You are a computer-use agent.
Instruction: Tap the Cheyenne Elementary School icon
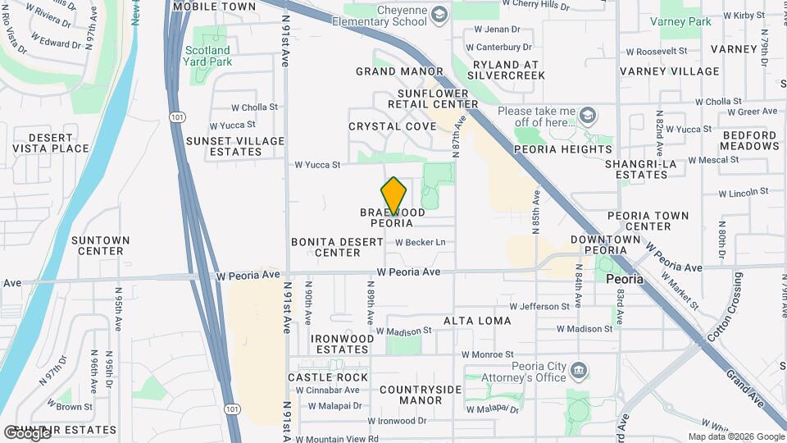pyautogui.click(x=439, y=14)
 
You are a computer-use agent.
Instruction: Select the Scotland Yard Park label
pyautogui.click(x=207, y=56)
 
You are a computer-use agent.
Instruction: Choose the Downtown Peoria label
pyautogui.click(x=606, y=244)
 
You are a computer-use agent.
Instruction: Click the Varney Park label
pyautogui.click(x=680, y=21)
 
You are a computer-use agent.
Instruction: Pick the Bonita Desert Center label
pyautogui.click(x=337, y=247)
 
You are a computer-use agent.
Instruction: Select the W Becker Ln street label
pyautogui.click(x=420, y=242)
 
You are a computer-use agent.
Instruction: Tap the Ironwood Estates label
pyautogui.click(x=339, y=343)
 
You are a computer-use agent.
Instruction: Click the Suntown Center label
pyautogui.click(x=100, y=245)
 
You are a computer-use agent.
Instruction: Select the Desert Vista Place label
pyautogui.click(x=47, y=143)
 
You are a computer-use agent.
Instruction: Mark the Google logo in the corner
pyautogui.click(x=26, y=432)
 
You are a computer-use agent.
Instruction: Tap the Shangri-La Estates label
pyautogui.click(x=641, y=169)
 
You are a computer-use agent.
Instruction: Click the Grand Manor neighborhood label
pyautogui.click(x=399, y=71)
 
